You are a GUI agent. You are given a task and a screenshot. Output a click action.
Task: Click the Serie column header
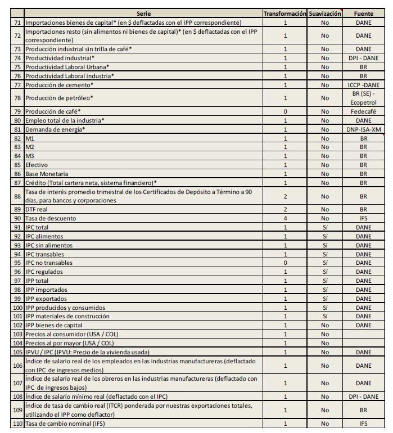click(x=143, y=13)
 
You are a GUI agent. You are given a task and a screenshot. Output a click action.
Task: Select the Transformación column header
click(x=285, y=13)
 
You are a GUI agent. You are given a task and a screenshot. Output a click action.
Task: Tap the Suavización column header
click(x=325, y=13)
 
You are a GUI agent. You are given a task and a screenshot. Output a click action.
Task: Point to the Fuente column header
click(x=364, y=13)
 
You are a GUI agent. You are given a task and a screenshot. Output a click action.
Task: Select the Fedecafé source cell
click(x=364, y=111)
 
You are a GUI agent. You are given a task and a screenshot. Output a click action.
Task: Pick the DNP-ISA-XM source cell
click(x=364, y=129)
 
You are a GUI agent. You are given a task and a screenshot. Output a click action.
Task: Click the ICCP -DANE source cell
click(x=364, y=85)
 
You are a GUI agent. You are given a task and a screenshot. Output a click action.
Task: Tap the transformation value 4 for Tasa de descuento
click(x=285, y=218)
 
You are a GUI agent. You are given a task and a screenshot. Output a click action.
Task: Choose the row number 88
click(x=17, y=196)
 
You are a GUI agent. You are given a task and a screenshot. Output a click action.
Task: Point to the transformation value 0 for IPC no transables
click(x=285, y=263)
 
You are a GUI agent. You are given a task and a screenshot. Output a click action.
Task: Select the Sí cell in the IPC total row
click(x=325, y=227)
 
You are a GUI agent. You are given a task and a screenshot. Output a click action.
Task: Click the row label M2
click(x=30, y=147)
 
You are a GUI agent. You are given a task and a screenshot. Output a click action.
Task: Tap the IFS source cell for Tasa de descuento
click(x=364, y=218)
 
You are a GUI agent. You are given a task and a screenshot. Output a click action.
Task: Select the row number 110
click(x=17, y=423)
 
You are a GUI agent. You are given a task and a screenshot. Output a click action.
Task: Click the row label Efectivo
click(x=37, y=165)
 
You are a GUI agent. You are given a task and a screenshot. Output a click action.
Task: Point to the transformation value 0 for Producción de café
click(x=285, y=111)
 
